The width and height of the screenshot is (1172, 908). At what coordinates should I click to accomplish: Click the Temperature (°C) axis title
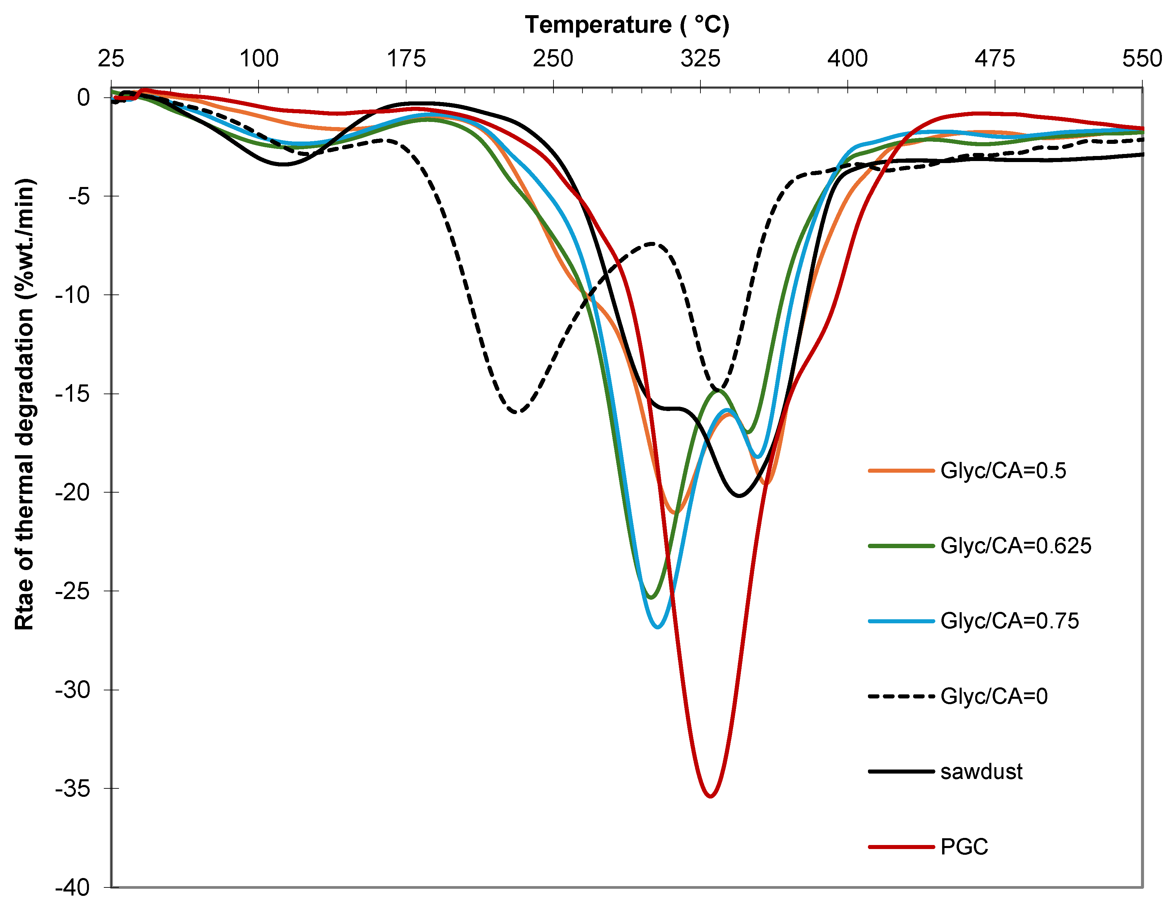coord(627,25)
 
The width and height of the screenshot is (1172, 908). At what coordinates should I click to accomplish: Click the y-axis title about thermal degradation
coord(25,404)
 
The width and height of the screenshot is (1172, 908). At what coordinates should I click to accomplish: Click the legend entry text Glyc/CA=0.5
coord(1002,470)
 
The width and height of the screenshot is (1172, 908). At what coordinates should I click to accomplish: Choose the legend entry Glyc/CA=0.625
coord(1015,545)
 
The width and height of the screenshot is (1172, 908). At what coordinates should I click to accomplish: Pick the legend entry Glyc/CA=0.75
coord(1009,621)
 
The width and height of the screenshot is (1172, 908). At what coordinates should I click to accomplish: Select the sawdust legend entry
coord(981,771)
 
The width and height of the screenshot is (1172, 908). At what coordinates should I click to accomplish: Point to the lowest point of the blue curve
coord(658,626)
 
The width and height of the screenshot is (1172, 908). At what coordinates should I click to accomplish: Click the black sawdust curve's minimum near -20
coord(740,495)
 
